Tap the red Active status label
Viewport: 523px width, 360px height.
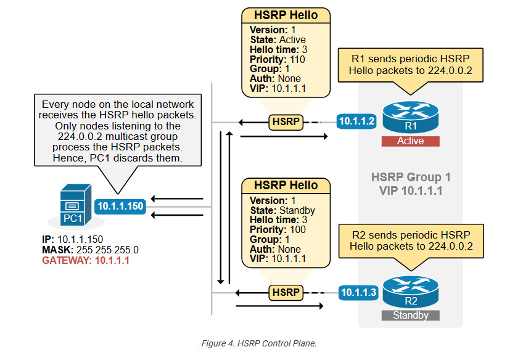(x=410, y=141)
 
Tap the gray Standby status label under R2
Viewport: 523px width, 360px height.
(x=410, y=315)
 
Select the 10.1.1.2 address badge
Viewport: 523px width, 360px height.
(x=356, y=121)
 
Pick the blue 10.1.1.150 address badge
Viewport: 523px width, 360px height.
(x=120, y=207)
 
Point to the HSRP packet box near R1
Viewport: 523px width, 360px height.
(x=287, y=122)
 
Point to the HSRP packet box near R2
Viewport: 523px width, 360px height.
(x=287, y=292)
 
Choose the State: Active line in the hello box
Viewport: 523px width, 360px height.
(x=278, y=39)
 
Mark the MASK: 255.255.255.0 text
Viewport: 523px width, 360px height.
(x=90, y=250)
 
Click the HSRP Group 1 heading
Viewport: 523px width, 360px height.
(x=410, y=178)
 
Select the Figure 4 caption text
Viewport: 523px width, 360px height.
(x=259, y=343)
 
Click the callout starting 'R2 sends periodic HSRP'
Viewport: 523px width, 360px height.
(x=410, y=240)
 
